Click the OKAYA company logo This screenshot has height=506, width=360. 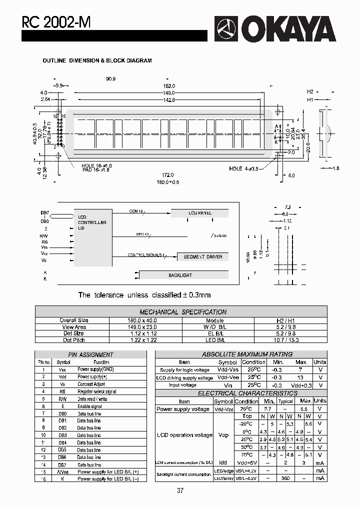coord(275,29)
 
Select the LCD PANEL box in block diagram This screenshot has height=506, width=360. coord(200,213)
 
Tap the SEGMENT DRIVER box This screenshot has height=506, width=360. coord(203,256)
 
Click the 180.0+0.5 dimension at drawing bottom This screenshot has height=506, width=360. coord(167,182)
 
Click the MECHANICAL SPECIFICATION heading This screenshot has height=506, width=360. coord(183,312)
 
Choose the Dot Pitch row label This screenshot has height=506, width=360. coord(74,340)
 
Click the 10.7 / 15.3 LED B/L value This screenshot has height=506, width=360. coord(290,340)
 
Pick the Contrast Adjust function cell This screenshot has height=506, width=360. coord(91,384)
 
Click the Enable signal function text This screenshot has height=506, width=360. coord(89,406)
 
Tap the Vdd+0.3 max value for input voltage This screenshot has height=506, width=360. coord(301,385)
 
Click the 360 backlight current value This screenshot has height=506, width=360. coord(285,478)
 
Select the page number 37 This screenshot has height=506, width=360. coord(180,490)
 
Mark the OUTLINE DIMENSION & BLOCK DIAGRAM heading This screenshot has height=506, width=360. coord(96,60)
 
